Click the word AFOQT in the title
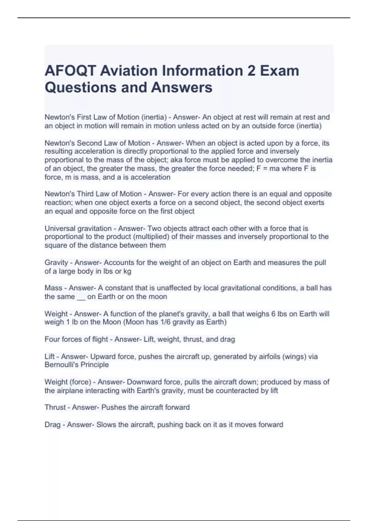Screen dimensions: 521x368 coord(70,71)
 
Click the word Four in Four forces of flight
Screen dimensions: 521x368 coord(52,339)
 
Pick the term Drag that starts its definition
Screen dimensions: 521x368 coord(52,425)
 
